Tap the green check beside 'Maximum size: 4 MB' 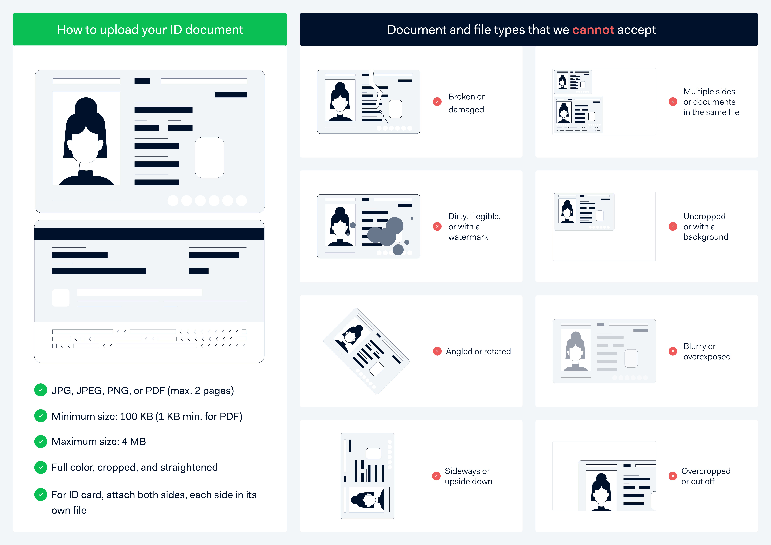(x=41, y=441)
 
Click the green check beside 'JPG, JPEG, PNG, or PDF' (x=41, y=390)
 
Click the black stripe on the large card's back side (x=149, y=233)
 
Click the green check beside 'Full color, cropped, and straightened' (x=41, y=467)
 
